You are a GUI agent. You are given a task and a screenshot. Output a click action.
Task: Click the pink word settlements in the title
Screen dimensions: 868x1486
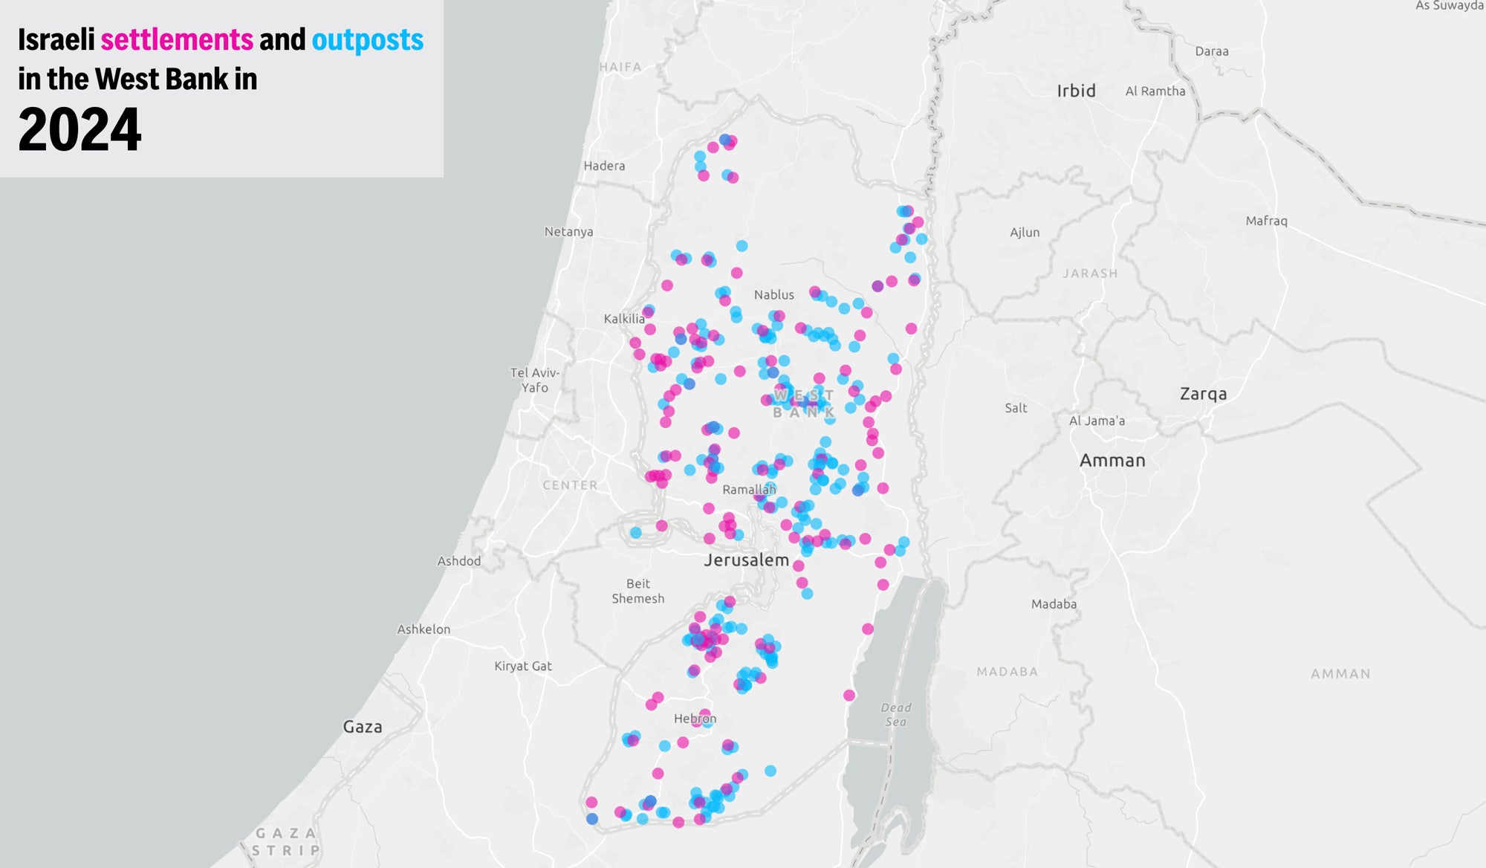177,40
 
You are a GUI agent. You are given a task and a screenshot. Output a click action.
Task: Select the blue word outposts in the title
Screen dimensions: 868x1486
367,40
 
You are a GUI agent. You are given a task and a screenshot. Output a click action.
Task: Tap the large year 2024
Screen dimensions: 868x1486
80,130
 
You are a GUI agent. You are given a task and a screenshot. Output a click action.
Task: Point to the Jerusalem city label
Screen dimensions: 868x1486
746,560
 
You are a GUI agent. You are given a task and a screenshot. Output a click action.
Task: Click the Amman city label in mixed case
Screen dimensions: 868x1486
1112,461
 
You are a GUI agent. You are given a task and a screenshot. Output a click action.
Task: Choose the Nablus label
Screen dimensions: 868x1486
773,295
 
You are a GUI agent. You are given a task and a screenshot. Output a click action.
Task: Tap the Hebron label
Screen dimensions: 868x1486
695,719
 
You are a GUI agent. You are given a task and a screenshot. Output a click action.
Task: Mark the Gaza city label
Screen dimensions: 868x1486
363,727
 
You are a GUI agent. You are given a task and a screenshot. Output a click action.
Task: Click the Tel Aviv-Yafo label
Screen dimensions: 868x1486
535,380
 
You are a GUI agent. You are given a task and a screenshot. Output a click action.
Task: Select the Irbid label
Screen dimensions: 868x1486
1076,91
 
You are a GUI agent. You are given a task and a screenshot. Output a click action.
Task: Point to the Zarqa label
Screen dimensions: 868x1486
1203,394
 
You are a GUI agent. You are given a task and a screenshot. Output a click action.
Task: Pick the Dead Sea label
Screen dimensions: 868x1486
895,715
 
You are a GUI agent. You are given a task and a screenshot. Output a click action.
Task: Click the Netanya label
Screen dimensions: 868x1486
568,232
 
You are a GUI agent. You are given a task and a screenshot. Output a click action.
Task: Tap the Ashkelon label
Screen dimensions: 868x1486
424,629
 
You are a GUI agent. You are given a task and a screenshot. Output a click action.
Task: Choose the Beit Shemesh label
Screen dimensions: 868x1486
637,591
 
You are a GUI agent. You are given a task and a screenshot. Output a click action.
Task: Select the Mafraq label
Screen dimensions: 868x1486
1266,221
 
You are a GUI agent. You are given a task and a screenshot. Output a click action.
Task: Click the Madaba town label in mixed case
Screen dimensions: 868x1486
1054,604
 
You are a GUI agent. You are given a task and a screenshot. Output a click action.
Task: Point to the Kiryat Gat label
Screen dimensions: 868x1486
523,666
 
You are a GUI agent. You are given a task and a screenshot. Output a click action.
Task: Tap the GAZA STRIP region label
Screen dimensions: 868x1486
286,841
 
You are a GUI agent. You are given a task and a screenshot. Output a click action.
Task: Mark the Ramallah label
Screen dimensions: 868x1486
748,490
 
